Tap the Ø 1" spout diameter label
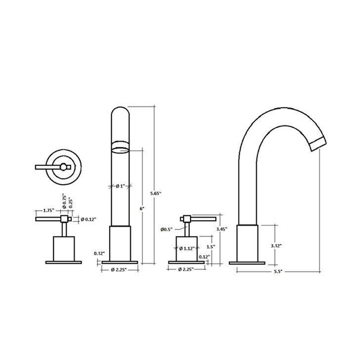[120, 186]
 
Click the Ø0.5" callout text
[166, 229]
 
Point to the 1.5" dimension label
[209, 247]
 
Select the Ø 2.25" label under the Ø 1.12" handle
[186, 269]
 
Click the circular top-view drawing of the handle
[64, 166]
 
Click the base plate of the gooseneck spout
[247, 262]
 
